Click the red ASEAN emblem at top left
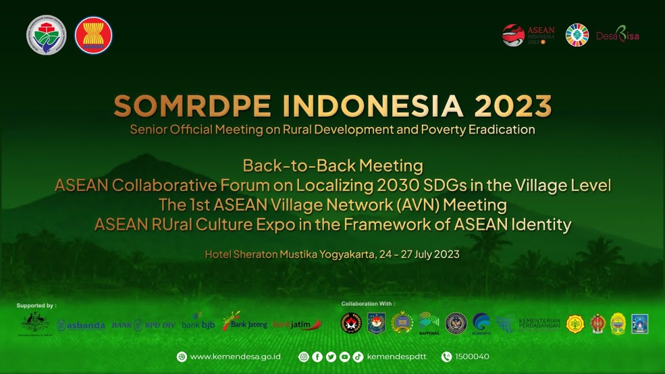pyautogui.click(x=94, y=35)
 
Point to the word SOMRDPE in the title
pyautogui.click(x=192, y=106)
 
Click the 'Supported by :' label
pyautogui.click(x=36, y=305)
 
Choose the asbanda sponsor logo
pyautogui.click(x=81, y=325)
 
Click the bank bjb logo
pyautogui.click(x=198, y=324)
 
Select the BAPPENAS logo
pyautogui.click(x=429, y=323)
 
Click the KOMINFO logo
pyautogui.click(x=482, y=323)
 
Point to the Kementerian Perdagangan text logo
pyautogui.click(x=539, y=323)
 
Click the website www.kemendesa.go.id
pyautogui.click(x=235, y=357)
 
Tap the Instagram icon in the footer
pyautogui.click(x=304, y=357)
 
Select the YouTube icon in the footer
pyautogui.click(x=344, y=357)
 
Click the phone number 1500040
pyautogui.click(x=472, y=357)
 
